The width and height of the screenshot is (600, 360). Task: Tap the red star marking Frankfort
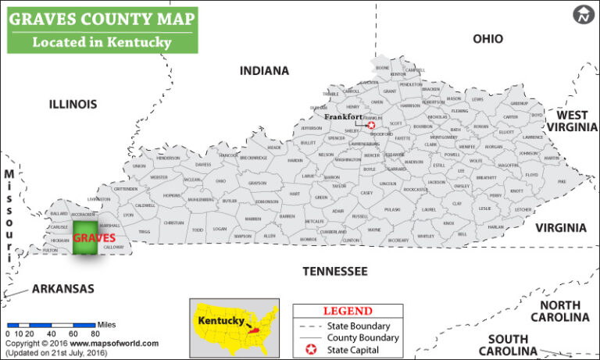[371, 125]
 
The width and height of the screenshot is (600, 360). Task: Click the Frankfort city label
[344, 116]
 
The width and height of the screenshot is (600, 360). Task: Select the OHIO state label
[488, 39]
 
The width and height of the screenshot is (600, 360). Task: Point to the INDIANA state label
[264, 71]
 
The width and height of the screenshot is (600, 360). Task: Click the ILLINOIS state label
[73, 104]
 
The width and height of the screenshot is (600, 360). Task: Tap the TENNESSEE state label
[334, 271]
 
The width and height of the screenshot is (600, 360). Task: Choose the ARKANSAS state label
[63, 289]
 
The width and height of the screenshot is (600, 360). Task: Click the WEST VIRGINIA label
[572, 121]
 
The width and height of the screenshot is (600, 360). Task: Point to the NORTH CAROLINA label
[559, 311]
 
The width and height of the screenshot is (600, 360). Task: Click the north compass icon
[584, 13]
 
